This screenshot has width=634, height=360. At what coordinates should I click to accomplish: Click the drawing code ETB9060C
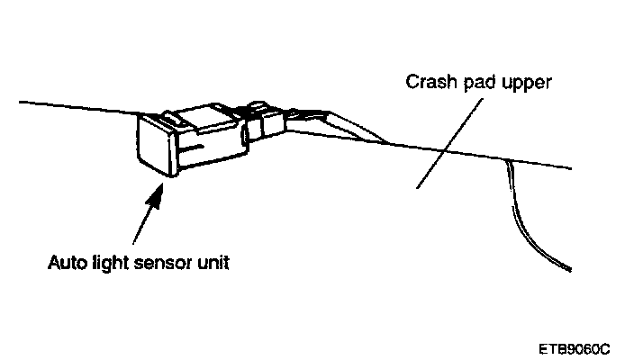coord(575,346)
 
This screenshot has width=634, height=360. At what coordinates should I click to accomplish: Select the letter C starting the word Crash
coord(410,84)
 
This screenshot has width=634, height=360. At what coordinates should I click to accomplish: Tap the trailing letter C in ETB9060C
coord(606,346)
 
